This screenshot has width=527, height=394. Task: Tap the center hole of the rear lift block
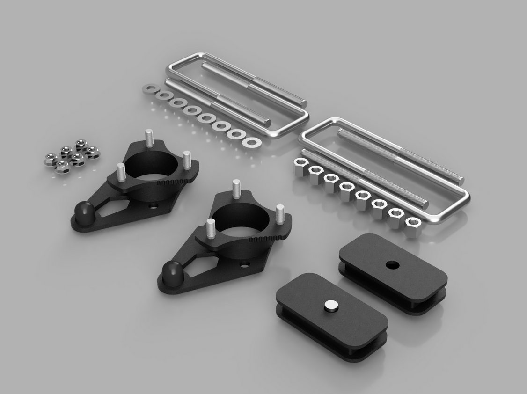point(392,265)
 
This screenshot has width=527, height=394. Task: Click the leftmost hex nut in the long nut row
point(300,166)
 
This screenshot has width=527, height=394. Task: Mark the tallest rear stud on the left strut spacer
point(149,138)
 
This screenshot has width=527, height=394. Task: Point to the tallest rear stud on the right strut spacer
point(237,187)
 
